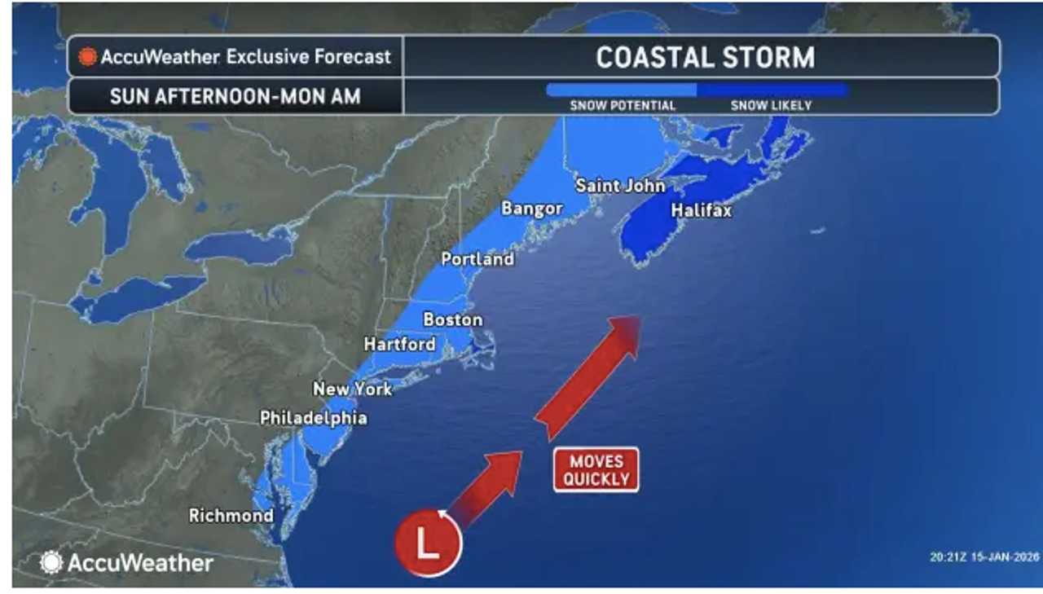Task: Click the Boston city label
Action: point(453,320)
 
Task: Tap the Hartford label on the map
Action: point(399,345)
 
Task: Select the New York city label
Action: point(352,389)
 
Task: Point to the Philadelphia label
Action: point(313,418)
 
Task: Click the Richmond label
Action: point(231,516)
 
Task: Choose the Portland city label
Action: point(477,259)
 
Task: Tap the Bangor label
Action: point(531,209)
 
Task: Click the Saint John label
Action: point(620,186)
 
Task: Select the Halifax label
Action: point(701,211)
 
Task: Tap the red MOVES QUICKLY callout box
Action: point(596,470)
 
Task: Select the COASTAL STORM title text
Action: point(705,58)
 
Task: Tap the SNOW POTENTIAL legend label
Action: point(623,106)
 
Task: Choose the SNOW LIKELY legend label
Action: point(771,106)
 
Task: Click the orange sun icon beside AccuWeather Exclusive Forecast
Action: point(87,57)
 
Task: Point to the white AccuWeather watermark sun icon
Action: point(51,562)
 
